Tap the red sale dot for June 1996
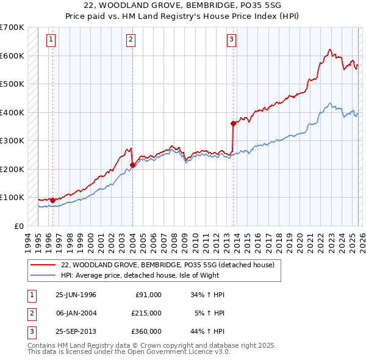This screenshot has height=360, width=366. tap(52, 200)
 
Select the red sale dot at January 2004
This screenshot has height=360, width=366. tap(132, 165)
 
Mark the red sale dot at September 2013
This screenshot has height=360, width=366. tap(233, 123)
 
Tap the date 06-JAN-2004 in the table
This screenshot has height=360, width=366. tap(76, 312)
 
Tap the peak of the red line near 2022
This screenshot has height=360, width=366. tap(329, 49)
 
